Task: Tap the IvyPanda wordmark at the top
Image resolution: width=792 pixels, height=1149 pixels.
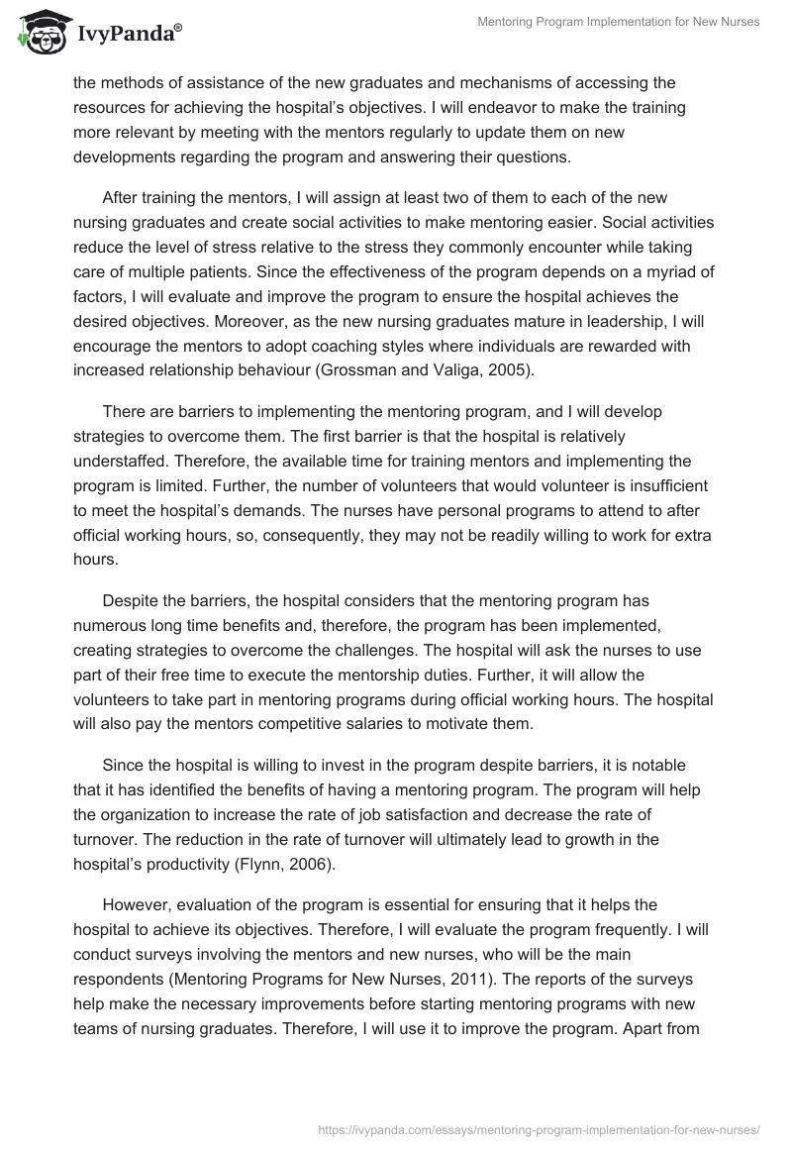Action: click(128, 34)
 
